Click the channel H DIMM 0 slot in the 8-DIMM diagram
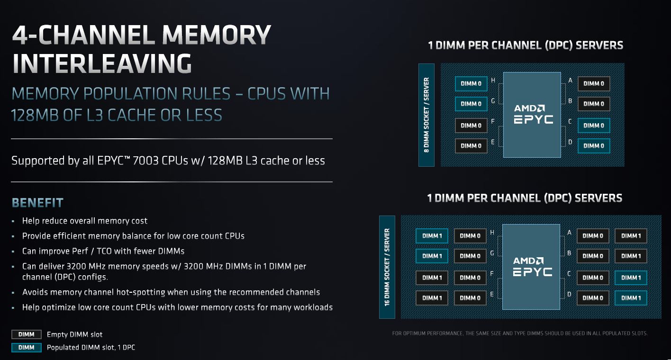(x=471, y=84)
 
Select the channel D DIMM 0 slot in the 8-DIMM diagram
(x=593, y=146)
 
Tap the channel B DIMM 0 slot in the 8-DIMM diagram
(x=593, y=104)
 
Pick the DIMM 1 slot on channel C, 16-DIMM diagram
(x=631, y=278)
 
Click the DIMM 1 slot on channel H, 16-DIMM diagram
(x=432, y=236)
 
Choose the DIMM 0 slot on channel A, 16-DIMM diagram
(x=592, y=236)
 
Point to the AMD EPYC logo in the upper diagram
(x=533, y=114)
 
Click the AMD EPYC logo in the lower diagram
(x=533, y=266)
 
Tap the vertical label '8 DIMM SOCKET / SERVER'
(x=426, y=115)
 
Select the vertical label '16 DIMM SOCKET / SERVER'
(x=387, y=267)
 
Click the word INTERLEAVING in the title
(x=102, y=63)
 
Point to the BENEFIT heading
(x=37, y=203)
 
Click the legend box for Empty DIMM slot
(x=27, y=334)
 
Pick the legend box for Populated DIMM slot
(x=27, y=348)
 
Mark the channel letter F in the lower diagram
(x=492, y=274)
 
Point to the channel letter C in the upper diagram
(x=570, y=122)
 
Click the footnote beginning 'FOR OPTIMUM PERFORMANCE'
(x=519, y=333)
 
